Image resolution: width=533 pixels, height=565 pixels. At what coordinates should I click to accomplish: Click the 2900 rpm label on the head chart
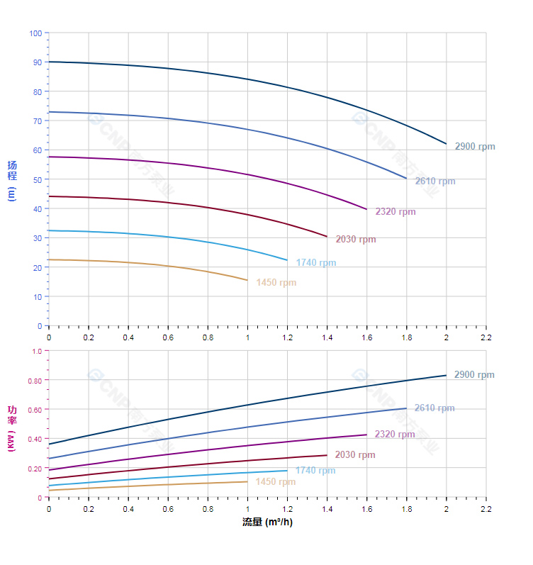click(475, 147)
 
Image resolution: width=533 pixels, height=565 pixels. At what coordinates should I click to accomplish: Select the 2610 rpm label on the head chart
click(435, 181)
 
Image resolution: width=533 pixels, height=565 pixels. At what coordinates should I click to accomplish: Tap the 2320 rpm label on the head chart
click(395, 211)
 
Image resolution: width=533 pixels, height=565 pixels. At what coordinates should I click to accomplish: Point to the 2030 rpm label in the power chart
click(355, 455)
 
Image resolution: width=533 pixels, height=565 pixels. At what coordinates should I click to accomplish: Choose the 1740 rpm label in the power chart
click(315, 470)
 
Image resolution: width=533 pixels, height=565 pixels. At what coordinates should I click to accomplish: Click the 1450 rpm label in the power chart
click(276, 482)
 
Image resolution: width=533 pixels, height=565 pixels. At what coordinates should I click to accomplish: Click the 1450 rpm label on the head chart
click(276, 283)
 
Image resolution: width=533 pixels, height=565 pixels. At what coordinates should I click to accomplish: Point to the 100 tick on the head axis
click(35, 33)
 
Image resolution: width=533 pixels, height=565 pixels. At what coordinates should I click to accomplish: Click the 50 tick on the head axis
click(38, 179)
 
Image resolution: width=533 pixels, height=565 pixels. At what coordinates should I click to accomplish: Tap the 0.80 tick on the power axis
click(35, 380)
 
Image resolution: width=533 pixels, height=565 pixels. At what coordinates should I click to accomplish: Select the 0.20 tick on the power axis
click(35, 468)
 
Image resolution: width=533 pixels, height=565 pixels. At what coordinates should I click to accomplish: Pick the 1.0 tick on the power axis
click(37, 351)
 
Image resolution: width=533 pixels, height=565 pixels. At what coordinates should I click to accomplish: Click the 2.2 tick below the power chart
click(486, 510)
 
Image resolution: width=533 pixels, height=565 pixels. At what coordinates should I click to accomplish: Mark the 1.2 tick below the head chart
click(287, 337)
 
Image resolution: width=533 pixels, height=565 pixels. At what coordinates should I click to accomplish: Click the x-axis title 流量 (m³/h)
click(267, 522)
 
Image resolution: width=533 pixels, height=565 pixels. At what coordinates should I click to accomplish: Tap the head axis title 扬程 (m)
click(12, 181)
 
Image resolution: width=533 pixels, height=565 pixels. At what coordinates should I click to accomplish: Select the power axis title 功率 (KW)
click(12, 424)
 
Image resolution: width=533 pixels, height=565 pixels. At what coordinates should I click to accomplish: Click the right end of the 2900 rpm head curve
click(447, 144)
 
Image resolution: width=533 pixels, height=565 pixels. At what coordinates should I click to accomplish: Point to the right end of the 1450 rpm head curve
click(247, 280)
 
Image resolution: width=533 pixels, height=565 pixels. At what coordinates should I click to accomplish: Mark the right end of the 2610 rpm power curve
click(406, 408)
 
